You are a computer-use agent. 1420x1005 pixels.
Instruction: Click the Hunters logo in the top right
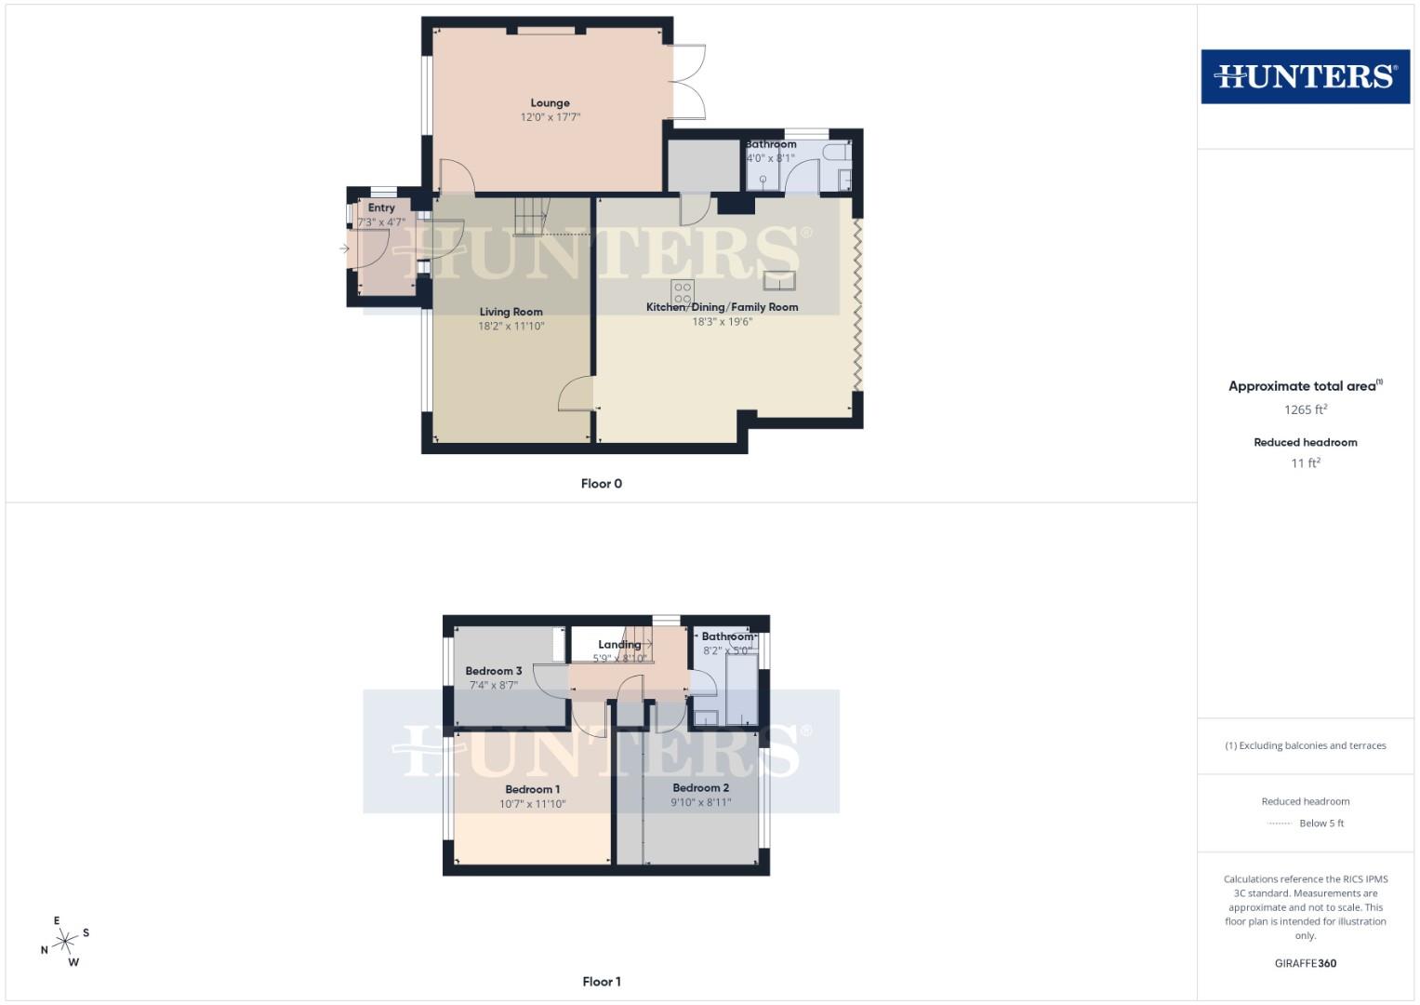(1305, 76)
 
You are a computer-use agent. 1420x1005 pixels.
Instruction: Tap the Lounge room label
(550, 103)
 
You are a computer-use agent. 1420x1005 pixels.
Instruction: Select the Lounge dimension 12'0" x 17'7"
(550, 118)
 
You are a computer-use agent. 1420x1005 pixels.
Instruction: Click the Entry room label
(381, 208)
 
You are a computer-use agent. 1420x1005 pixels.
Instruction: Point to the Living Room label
(511, 313)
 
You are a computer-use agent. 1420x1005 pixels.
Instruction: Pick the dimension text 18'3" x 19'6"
(722, 322)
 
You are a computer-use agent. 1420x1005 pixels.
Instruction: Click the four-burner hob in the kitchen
(683, 292)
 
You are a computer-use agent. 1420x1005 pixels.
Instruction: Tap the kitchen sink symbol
(779, 281)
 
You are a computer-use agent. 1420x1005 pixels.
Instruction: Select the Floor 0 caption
(601, 484)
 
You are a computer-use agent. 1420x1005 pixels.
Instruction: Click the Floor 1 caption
(601, 982)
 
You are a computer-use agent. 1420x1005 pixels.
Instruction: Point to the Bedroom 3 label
(493, 671)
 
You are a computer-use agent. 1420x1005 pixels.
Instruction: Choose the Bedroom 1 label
(532, 790)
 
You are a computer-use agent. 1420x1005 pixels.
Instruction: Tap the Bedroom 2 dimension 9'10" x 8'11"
(700, 802)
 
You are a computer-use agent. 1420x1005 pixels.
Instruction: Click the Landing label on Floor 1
(618, 644)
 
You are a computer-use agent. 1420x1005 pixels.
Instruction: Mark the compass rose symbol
(65, 942)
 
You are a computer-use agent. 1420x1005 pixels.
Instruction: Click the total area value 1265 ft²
(1305, 409)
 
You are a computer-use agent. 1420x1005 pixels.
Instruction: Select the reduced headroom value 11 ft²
(1305, 462)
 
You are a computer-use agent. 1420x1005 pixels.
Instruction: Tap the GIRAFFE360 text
(1305, 963)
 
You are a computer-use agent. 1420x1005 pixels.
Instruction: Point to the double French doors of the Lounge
(688, 82)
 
